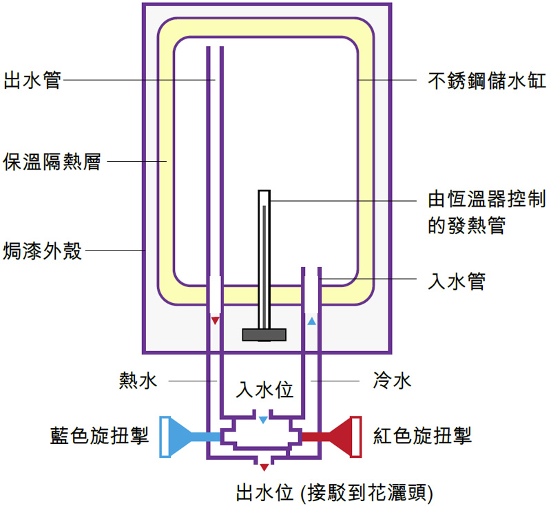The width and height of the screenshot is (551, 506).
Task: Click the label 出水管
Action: tap(32, 80)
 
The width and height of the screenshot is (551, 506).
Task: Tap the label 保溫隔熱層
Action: tap(52, 162)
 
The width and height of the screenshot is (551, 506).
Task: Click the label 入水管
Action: tap(457, 281)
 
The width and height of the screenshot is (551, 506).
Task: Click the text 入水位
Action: tap(264, 390)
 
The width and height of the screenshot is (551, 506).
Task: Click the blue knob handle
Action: tap(173, 436)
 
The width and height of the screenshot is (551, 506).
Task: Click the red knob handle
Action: tap(349, 436)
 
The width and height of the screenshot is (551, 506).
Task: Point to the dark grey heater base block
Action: tap(264, 335)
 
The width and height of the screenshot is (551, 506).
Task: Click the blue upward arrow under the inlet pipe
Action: tap(311, 321)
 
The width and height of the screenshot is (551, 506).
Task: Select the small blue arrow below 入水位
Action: tap(264, 419)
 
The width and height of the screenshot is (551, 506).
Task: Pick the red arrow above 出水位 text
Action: tap(264, 467)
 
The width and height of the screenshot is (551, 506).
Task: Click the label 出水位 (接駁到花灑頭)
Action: tap(334, 492)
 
